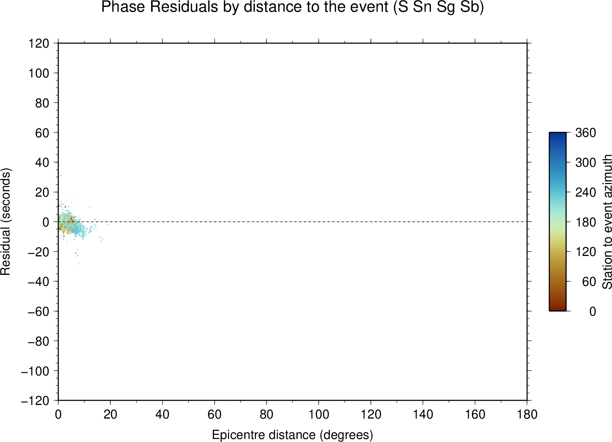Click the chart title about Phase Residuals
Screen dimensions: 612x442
[292, 7]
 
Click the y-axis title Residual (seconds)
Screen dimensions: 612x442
[5, 222]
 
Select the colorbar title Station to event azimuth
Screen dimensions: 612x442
[607, 222]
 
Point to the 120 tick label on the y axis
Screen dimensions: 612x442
[39, 43]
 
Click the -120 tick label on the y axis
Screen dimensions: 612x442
[35, 401]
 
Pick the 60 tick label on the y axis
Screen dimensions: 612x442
[42, 133]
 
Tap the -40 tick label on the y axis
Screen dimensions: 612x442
[39, 282]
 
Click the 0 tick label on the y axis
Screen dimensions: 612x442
[46, 222]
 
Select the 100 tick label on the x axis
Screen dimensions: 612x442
[319, 415]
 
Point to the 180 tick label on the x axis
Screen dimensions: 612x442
[527, 415]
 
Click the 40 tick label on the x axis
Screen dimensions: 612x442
[162, 415]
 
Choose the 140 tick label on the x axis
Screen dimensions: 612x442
[423, 415]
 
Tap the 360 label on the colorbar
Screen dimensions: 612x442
[586, 133]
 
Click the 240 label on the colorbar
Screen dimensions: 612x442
[586, 192]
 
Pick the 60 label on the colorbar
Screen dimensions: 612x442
[589, 282]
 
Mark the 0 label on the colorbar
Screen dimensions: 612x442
[592, 311]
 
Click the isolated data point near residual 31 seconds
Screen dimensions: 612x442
[60, 175]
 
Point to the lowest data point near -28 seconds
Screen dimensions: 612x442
[79, 264]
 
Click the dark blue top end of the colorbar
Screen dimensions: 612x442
[558, 134]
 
